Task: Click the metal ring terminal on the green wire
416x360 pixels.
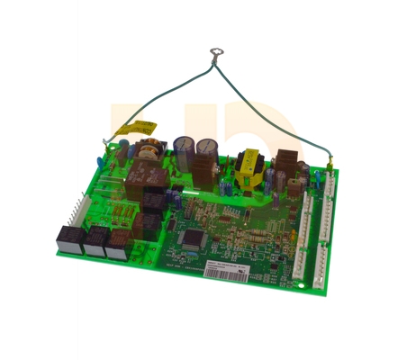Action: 215,55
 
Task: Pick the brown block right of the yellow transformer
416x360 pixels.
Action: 286,163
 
